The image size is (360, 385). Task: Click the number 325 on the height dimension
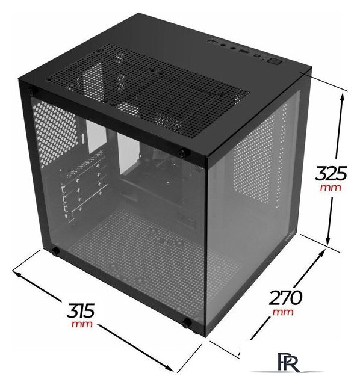(331, 173)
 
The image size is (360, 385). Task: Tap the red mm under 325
(331, 188)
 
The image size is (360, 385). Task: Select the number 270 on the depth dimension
(285, 297)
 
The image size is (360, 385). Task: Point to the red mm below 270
(283, 312)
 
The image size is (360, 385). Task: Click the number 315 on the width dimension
(80, 310)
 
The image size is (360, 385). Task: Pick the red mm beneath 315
(82, 324)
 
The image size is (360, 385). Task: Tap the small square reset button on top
(257, 56)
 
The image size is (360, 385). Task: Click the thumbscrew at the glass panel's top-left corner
(31, 92)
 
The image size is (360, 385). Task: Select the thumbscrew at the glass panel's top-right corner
(183, 153)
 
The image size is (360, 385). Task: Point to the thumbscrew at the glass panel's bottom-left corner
(55, 251)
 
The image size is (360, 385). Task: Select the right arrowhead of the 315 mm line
(169, 368)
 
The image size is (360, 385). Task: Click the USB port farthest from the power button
(213, 42)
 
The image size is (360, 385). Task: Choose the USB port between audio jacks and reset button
(244, 51)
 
